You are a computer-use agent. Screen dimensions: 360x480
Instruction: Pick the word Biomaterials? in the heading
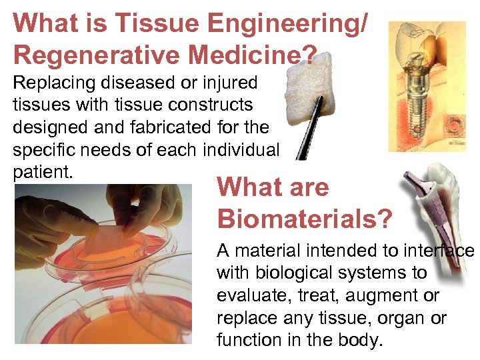[x=305, y=218]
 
